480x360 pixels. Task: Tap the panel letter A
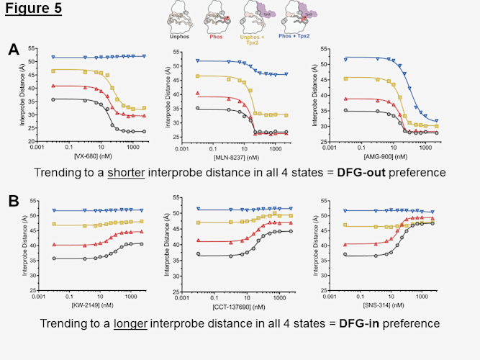coord(14,50)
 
